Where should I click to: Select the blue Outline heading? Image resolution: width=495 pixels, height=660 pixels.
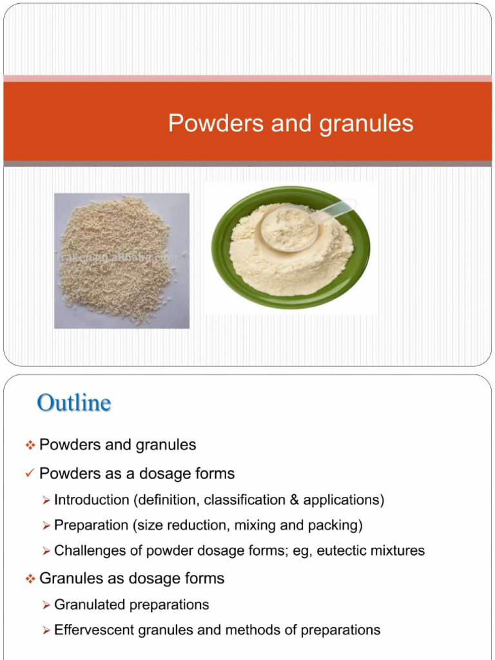pyautogui.click(x=74, y=403)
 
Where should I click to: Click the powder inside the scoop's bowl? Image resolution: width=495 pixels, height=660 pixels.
pyautogui.click(x=288, y=227)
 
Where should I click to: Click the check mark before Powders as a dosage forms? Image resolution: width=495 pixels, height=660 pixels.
pyautogui.click(x=30, y=474)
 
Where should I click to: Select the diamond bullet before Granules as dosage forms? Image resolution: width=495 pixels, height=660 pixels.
pyautogui.click(x=30, y=579)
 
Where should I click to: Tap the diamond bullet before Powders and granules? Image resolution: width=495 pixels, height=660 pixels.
pyautogui.click(x=30, y=445)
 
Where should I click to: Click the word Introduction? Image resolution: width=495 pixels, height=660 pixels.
pyautogui.click(x=92, y=500)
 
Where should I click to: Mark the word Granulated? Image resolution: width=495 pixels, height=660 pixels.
pyautogui.click(x=90, y=605)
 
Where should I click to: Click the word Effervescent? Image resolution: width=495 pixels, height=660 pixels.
pyautogui.click(x=93, y=630)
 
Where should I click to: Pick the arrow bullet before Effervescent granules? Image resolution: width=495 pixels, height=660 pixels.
pyautogui.click(x=46, y=630)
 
